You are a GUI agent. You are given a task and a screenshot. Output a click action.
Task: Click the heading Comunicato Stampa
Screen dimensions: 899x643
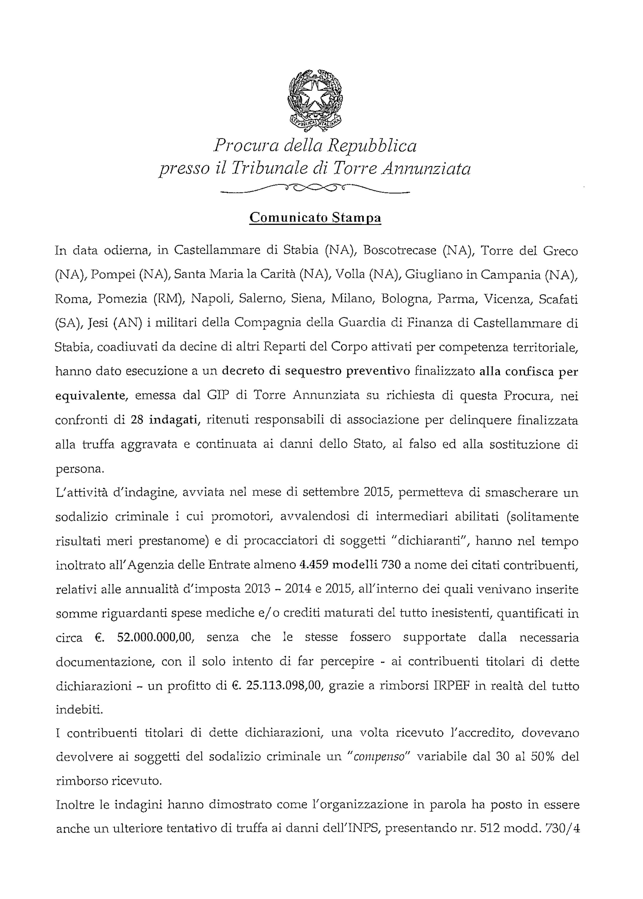[x=315, y=217]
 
